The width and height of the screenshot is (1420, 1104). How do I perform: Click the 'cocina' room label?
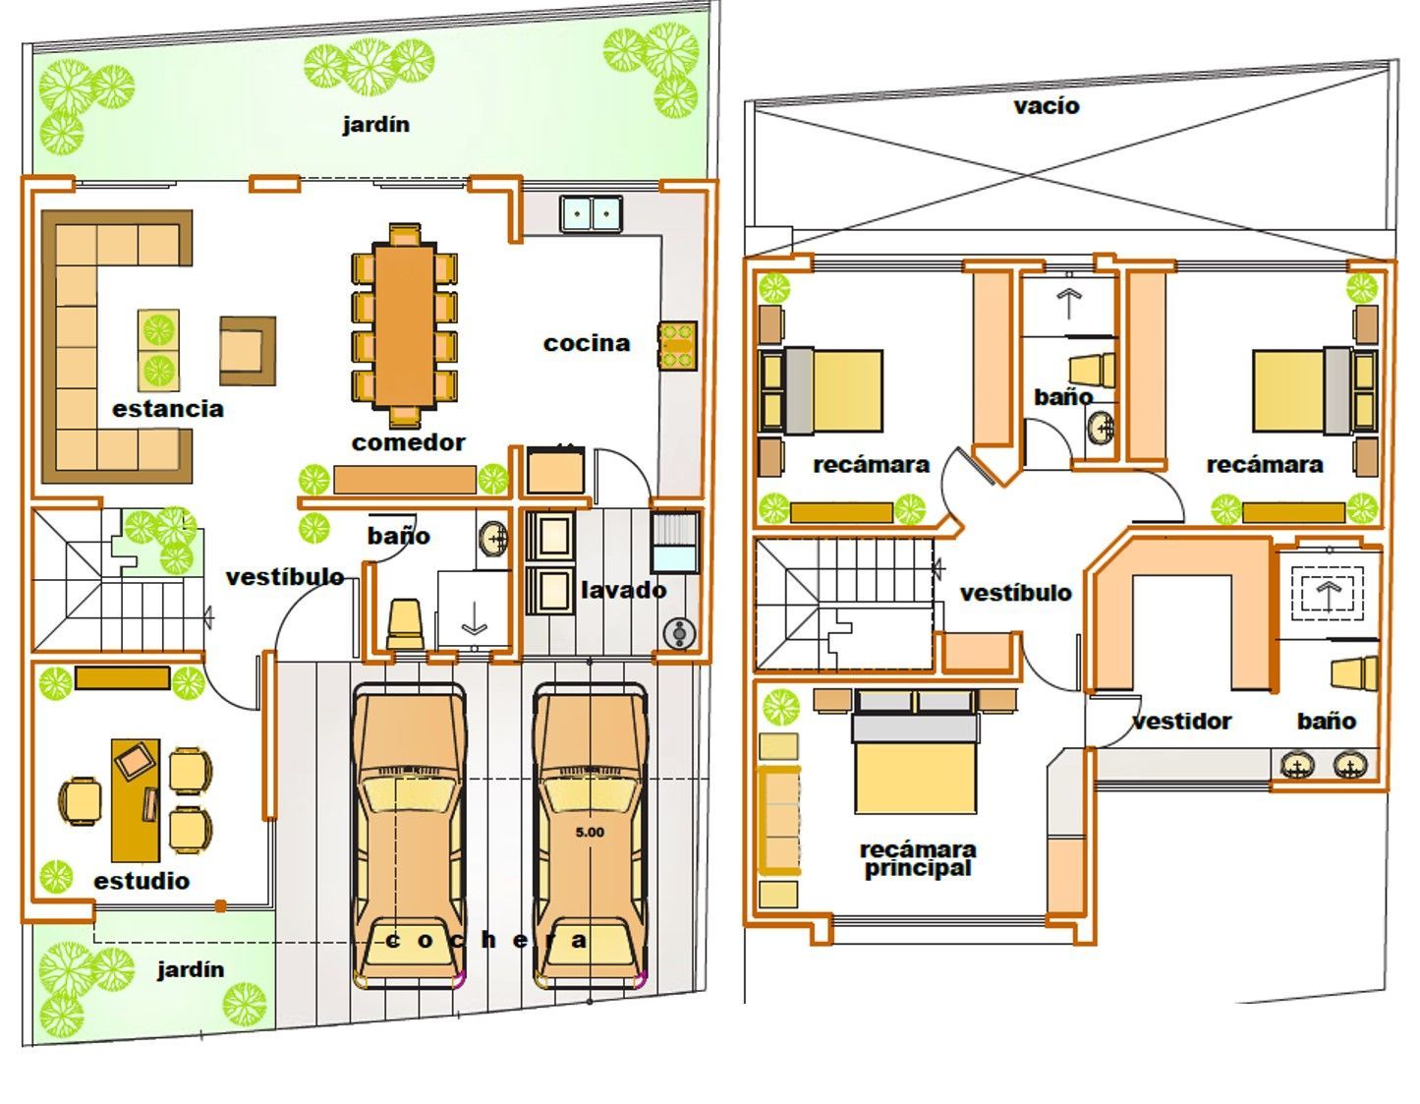coord(586,343)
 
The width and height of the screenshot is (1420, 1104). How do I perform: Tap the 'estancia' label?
coord(168,409)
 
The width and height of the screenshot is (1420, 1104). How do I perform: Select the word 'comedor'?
coord(409,442)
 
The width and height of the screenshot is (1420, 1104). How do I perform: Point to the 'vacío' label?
coord(1047,106)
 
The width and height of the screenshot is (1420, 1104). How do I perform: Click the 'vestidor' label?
coord(1181,721)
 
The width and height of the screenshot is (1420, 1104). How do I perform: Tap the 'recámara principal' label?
coord(918,859)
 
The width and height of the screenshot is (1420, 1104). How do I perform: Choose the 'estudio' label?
coord(142,881)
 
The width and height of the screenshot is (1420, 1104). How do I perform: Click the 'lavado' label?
coord(623,590)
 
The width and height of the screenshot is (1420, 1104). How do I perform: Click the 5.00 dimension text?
coord(590,832)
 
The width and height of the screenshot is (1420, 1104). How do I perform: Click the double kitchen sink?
coord(591,213)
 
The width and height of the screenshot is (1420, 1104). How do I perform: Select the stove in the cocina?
coord(678,346)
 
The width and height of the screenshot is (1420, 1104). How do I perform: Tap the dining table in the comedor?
coord(405,324)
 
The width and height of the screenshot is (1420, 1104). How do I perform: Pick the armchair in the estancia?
coord(248,350)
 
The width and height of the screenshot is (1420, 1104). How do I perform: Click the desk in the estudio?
coord(136,800)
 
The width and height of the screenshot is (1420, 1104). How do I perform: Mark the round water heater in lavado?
coord(680,633)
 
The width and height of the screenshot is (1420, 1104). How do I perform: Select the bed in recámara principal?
coord(916,752)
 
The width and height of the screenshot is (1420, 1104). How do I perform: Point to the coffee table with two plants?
coord(158,350)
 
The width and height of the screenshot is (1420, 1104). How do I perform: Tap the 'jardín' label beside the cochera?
coord(191,968)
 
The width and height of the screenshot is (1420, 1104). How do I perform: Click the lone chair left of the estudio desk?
coord(81,801)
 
